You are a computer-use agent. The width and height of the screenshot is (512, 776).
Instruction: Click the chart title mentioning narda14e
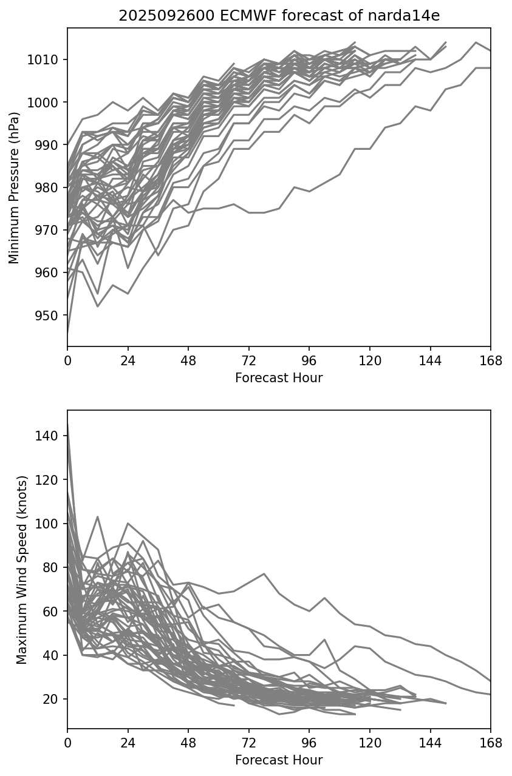tap(279, 16)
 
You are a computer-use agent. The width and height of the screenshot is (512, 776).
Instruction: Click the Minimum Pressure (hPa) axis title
tap(14, 187)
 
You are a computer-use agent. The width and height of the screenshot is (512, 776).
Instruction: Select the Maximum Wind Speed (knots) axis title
tap(21, 570)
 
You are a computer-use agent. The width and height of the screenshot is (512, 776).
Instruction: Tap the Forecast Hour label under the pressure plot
tap(279, 378)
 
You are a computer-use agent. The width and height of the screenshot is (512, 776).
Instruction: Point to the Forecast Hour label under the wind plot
tap(279, 760)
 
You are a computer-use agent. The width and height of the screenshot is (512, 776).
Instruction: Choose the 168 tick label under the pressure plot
tap(490, 360)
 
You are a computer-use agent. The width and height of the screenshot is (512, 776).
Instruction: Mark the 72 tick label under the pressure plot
tap(248, 360)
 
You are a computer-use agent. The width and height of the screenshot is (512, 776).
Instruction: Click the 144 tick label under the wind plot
tap(430, 743)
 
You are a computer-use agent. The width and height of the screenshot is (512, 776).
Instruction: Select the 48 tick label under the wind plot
tap(188, 743)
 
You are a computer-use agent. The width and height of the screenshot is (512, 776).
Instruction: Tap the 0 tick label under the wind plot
tap(67, 743)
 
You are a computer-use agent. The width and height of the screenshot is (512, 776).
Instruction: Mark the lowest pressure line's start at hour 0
tap(68, 333)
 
